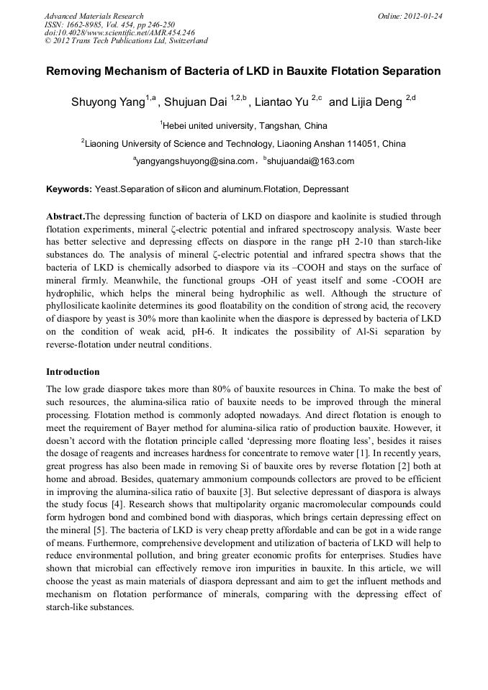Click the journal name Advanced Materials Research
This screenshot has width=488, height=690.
tap(94, 16)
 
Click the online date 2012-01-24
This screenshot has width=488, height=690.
tap(422, 16)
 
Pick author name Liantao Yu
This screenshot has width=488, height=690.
tap(283, 101)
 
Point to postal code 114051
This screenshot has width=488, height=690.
tap(361, 143)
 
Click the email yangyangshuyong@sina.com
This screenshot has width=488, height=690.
tap(196, 161)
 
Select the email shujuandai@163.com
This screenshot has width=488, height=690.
tap(310, 161)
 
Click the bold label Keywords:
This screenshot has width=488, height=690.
tap(69, 189)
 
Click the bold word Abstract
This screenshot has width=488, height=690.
tap(65, 217)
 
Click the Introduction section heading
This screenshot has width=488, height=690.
tap(73, 372)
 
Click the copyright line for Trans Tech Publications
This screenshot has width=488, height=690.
tap(126, 40)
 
